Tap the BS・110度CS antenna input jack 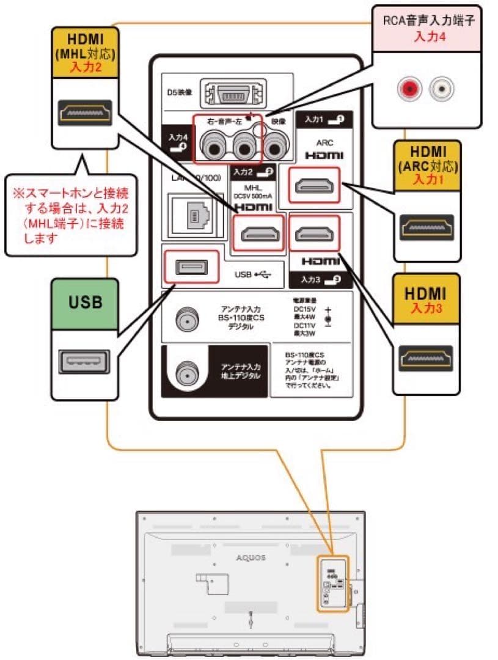click(x=185, y=319)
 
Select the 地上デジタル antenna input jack click(x=185, y=372)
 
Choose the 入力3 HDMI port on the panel click(x=314, y=233)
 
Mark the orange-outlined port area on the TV click(x=332, y=583)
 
